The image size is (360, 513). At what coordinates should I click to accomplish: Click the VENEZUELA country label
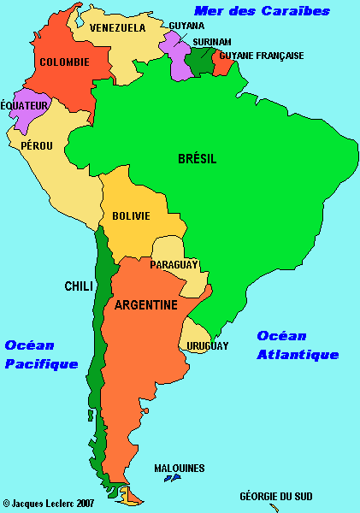coord(118,27)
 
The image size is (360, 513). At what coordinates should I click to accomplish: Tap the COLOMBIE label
coord(64,62)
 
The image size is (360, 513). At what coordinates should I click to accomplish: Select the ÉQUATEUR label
coord(25,105)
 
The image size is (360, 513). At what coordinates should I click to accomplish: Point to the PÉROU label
coord(37,146)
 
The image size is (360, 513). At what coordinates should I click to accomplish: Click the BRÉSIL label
coord(197,159)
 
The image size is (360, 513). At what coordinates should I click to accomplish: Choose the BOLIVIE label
coord(131,216)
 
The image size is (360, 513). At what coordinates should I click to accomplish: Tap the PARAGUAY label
coord(174,265)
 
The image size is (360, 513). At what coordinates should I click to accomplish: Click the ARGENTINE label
coord(146,305)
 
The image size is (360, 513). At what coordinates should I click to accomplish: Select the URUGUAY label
coord(207,346)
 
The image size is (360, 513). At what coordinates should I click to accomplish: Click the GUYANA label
coord(187,27)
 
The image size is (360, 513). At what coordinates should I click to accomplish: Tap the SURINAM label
coord(212,41)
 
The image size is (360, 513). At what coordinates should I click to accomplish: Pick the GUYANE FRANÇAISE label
coord(262,56)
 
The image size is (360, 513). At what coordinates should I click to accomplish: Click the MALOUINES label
coord(179,468)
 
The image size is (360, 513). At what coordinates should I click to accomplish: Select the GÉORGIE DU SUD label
coord(275,496)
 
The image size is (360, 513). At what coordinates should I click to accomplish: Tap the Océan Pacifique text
coord(41,354)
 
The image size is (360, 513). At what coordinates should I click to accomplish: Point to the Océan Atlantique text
coord(298,345)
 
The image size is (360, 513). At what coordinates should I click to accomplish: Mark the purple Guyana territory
coord(178,58)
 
